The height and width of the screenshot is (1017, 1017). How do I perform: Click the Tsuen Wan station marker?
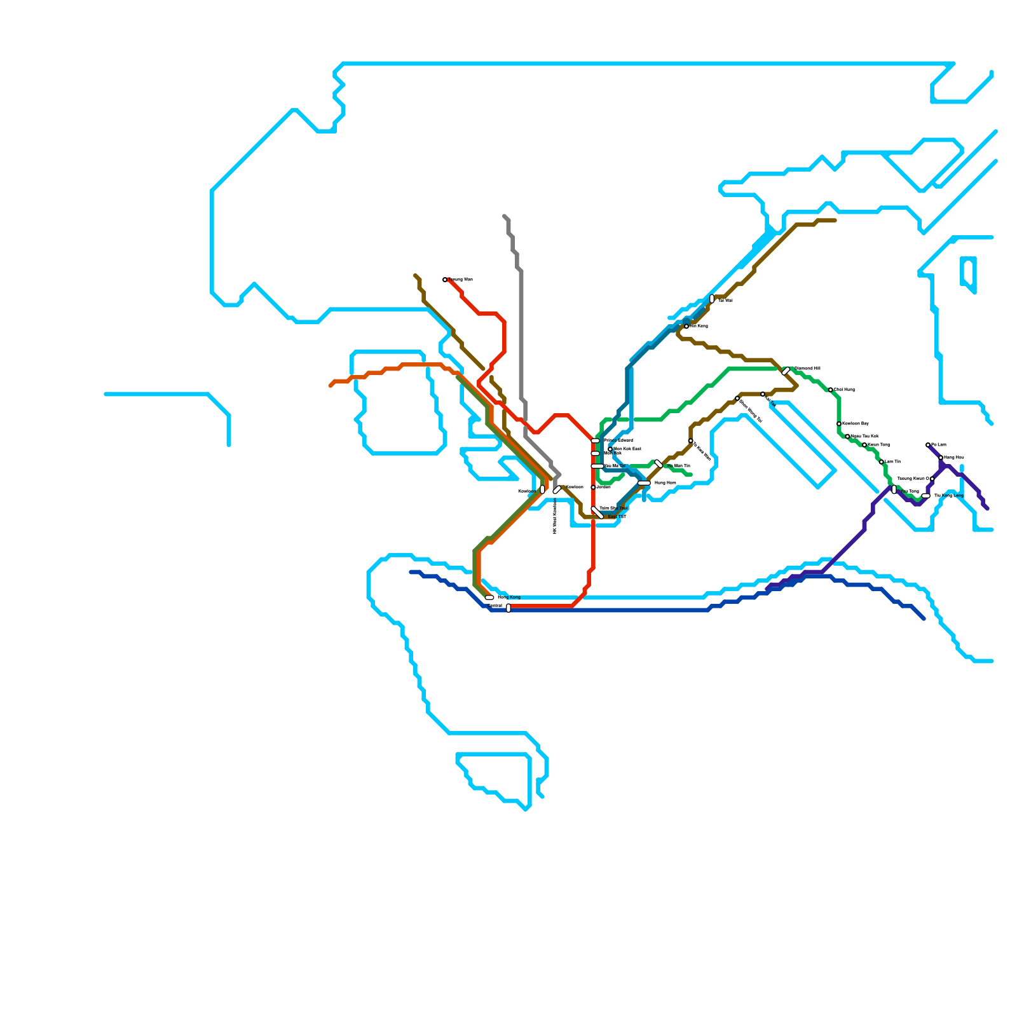coord(445,280)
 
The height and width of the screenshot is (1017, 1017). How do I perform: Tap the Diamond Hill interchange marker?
coord(786,371)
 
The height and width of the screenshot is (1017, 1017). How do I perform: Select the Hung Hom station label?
coord(665,483)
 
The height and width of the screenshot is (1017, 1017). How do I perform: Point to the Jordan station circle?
coord(593,488)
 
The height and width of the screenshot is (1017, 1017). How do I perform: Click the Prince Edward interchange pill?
coord(596,440)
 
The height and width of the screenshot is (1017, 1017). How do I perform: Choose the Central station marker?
coord(508,608)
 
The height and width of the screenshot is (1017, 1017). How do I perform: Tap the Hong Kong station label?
coord(508,597)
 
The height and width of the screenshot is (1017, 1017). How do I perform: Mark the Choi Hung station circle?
coord(831,390)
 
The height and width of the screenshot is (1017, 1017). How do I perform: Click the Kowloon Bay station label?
coord(855,423)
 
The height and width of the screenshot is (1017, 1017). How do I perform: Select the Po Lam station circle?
coord(928,445)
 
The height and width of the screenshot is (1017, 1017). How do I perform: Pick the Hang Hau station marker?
coord(941,458)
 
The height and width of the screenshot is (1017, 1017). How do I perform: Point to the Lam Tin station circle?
coord(882,462)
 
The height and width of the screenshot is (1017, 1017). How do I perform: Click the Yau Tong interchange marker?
coord(894,489)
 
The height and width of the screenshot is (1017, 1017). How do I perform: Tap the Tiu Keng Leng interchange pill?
coord(926,496)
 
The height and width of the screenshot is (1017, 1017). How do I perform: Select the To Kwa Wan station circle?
coord(691,440)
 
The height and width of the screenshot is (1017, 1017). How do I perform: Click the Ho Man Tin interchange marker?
coord(659,464)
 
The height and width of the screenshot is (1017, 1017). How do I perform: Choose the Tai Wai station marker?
coord(712,299)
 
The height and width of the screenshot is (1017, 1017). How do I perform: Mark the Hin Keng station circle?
coord(686,326)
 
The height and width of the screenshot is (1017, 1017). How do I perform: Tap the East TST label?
coord(617,517)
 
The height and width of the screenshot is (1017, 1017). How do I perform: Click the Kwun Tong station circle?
coord(864,445)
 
